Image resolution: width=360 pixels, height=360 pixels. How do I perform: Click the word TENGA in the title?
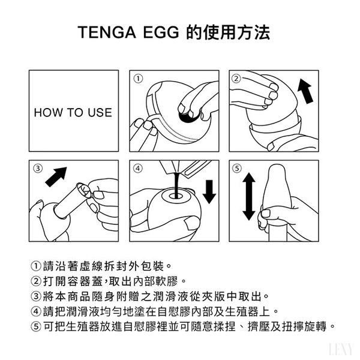[x=107, y=32]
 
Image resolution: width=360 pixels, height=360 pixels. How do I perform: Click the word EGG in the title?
[x=161, y=32]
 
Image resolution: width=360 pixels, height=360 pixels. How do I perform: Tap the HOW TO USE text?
[x=73, y=113]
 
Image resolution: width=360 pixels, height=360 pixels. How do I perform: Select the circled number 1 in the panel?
[x=138, y=79]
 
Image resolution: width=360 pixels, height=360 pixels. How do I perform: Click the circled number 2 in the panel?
[x=236, y=79]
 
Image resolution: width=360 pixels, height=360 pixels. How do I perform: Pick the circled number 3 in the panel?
[x=38, y=168]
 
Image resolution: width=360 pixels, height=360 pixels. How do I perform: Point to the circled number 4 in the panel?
[x=138, y=168]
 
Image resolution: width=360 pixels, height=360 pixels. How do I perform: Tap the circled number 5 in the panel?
[x=237, y=168]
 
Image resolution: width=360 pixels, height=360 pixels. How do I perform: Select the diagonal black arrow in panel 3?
[x=56, y=177]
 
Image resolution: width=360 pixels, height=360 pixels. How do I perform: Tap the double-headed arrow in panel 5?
[x=249, y=197]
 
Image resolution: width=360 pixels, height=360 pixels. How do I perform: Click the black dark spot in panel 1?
[x=188, y=116]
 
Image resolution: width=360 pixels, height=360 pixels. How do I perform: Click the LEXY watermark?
[x=341, y=350]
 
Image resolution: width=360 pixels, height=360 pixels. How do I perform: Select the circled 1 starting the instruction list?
[x=36, y=266]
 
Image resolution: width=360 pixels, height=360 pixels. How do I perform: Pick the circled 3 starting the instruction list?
[x=36, y=296]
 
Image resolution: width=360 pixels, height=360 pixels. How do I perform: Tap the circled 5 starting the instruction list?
[x=36, y=326]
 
